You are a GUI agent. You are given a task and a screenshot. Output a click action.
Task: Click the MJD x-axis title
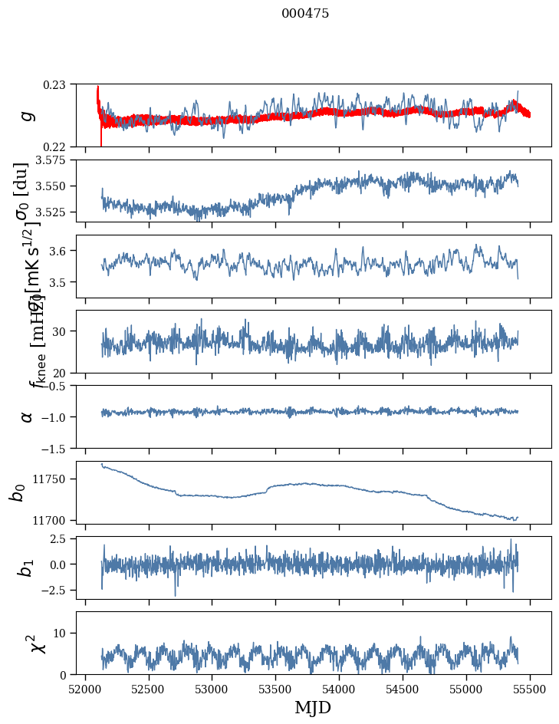click(313, 707)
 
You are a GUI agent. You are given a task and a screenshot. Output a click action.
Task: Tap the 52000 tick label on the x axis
click(84, 688)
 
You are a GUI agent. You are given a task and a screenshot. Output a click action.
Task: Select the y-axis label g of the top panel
click(28, 115)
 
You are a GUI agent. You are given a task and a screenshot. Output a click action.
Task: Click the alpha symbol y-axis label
click(28, 416)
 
